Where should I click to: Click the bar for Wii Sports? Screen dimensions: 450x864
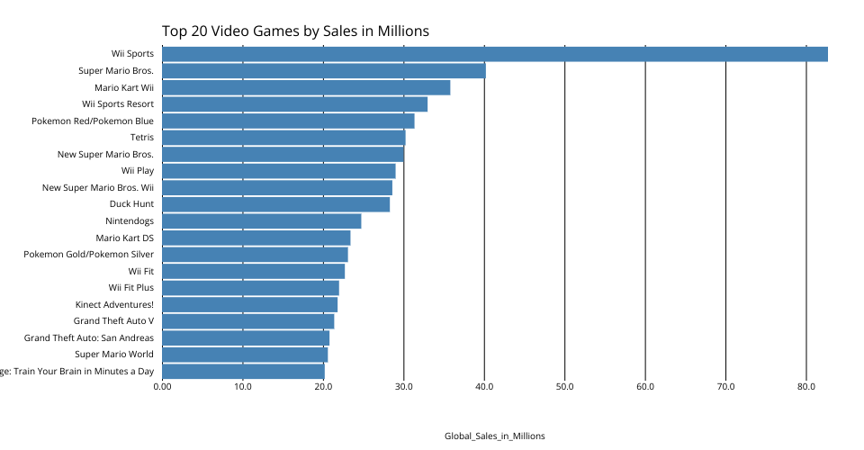pyautogui.click(x=495, y=54)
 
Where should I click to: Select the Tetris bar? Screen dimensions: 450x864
pyautogui.click(x=283, y=138)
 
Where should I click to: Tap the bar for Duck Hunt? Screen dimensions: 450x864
pyautogui.click(x=275, y=204)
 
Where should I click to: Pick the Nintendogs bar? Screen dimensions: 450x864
pyautogui.click(x=261, y=221)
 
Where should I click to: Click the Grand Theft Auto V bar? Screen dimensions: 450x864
pyautogui.click(x=247, y=321)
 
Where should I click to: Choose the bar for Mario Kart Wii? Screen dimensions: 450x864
pyautogui.click(x=306, y=87)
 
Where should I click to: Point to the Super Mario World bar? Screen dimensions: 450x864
pyautogui.click(x=245, y=355)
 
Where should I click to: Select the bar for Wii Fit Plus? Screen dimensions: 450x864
pyautogui.click(x=250, y=288)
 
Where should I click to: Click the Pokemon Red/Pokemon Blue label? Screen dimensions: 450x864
pyautogui.click(x=93, y=121)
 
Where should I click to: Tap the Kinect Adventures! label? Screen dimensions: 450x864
pyautogui.click(x=115, y=304)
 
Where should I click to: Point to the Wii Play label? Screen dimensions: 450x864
pyautogui.click(x=138, y=171)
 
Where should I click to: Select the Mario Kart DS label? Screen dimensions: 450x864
pyautogui.click(x=125, y=238)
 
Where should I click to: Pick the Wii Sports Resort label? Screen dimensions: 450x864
pyautogui.click(x=118, y=104)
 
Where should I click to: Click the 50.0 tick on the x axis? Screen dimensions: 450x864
pyautogui.click(x=564, y=387)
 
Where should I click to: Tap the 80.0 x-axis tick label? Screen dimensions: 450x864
pyautogui.click(x=806, y=387)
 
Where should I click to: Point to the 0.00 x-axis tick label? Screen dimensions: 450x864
pyautogui.click(x=162, y=387)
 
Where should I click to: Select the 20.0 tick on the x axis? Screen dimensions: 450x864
pyautogui.click(x=323, y=387)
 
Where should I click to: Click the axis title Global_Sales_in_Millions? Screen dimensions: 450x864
pyautogui.click(x=494, y=436)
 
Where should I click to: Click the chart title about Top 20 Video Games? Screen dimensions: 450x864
pyautogui.click(x=295, y=31)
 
